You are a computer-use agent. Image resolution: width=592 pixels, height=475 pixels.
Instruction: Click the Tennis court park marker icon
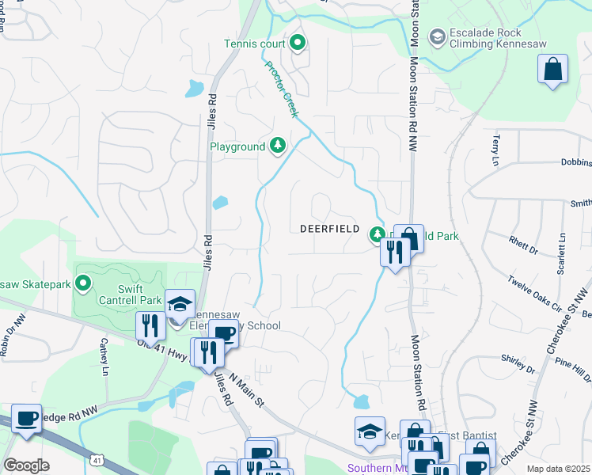298,43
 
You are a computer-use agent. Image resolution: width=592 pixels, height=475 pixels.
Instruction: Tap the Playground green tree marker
277,144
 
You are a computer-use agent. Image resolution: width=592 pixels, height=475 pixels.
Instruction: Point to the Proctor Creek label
281,89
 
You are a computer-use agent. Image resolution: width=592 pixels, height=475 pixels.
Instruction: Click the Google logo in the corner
25,465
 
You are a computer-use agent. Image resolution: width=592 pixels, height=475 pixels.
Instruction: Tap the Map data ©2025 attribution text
558,469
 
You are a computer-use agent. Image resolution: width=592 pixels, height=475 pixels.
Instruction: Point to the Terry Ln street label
497,145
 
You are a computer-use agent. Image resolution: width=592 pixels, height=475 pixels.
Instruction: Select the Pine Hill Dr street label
568,370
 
